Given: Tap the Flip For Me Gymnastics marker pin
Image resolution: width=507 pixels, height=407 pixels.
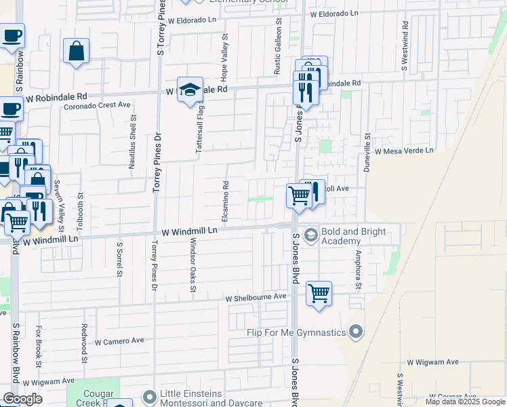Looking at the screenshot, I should tap(357, 332).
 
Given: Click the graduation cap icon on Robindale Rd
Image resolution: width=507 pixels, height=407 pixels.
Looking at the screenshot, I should tap(190, 90).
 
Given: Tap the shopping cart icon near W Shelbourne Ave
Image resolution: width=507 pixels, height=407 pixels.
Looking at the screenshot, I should tap(319, 294).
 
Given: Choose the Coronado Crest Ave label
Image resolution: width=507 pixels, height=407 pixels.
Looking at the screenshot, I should tap(97, 105).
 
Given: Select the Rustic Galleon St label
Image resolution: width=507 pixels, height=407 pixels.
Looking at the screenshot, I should tap(277, 47).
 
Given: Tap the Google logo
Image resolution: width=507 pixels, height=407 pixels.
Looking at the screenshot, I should tap(22, 399).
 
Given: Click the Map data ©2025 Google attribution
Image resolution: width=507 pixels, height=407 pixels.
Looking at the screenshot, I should tap(464, 402).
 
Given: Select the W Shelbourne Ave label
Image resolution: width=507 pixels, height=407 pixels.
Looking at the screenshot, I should tap(256, 298).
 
